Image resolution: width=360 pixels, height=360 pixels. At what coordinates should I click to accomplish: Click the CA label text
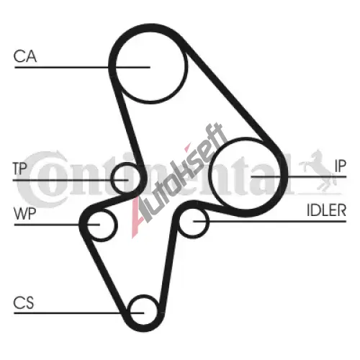pos(25,56)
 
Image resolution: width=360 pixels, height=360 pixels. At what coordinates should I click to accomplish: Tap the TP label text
pos(19,168)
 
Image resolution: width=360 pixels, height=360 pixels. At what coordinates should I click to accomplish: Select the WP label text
pos(25,214)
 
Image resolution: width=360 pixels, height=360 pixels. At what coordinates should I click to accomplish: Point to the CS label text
pos(24,302)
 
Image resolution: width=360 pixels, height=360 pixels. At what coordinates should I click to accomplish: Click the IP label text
pos(341,166)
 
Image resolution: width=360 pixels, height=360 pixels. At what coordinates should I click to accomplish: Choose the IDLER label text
pos(327,210)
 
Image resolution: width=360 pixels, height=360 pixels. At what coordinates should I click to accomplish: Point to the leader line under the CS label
pos(79,313)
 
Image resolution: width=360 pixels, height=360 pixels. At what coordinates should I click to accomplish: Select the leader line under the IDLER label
pos(270,221)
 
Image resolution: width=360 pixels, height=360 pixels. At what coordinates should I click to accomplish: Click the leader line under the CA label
pos(82,68)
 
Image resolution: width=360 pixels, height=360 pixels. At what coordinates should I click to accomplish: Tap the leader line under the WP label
pos(57,225)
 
